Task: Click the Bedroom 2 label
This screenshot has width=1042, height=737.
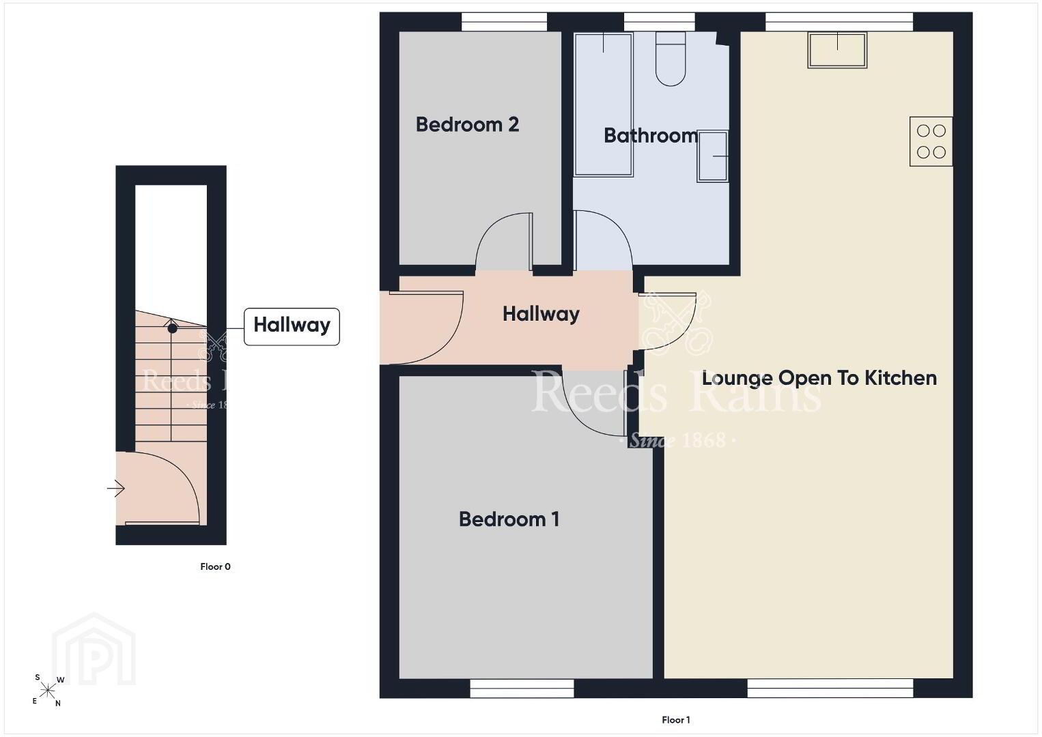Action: pos(467,125)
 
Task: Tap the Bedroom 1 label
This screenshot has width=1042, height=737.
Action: pos(509,519)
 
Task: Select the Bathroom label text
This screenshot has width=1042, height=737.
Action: pos(651,135)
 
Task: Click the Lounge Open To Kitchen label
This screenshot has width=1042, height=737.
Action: pos(819,378)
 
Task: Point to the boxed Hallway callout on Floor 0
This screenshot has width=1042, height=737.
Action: pos(292,326)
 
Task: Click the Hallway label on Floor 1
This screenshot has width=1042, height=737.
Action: pos(541,314)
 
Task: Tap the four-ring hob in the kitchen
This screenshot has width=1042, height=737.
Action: pos(931,141)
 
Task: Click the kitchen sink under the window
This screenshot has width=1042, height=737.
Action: pos(837,50)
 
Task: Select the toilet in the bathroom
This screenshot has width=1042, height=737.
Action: pos(671,59)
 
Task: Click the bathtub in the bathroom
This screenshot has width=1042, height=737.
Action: pos(604,104)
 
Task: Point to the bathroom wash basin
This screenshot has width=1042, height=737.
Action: pos(712,156)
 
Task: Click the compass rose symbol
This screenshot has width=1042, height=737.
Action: pos(47,690)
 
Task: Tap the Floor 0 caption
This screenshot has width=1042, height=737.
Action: pos(215,566)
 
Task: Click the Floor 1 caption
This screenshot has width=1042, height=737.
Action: pos(676,720)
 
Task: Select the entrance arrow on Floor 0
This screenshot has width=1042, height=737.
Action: pos(116,488)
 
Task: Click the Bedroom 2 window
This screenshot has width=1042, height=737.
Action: pos(504,22)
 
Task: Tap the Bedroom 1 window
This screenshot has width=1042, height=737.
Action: pos(522,688)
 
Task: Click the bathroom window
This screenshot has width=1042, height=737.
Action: pos(659,22)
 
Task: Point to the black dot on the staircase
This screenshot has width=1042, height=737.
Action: pos(172,328)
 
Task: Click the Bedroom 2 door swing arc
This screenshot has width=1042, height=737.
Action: pos(488,228)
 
